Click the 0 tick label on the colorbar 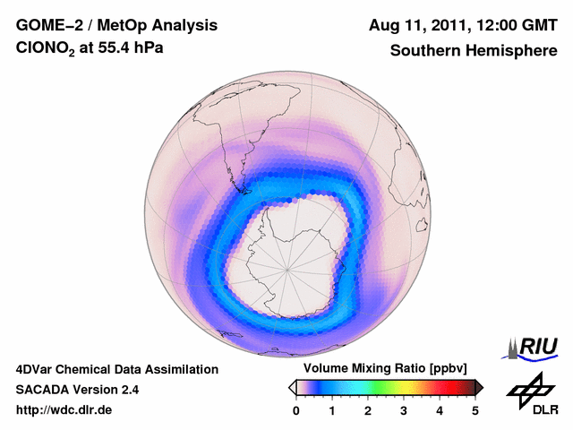point(296,410)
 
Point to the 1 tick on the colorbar point(332,410)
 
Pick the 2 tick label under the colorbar point(368,410)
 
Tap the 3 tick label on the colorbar point(404,410)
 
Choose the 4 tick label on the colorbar point(440,410)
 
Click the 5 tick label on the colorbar point(475,410)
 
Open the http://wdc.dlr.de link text point(64,410)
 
